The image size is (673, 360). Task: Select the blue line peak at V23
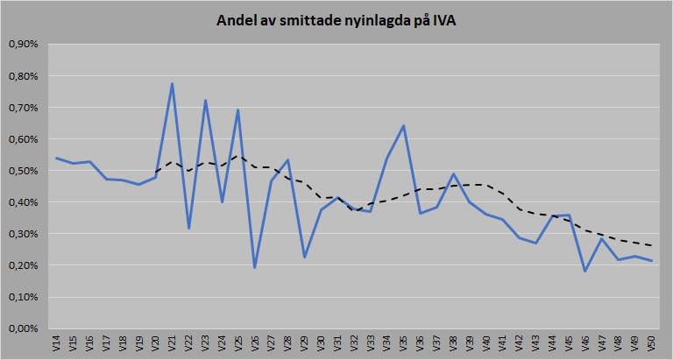[x=205, y=100]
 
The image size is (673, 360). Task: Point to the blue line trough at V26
[x=255, y=267]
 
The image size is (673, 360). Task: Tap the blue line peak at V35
[x=403, y=125]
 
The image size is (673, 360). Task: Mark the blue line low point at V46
[x=584, y=271]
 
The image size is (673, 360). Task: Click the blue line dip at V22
[x=189, y=229]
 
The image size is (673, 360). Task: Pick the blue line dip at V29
[x=304, y=257]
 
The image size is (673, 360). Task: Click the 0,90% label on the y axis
[x=21, y=45]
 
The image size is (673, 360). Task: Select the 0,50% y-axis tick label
[x=21, y=171]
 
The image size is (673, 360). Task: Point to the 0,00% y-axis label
[x=21, y=328]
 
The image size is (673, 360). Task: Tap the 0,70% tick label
[x=21, y=108]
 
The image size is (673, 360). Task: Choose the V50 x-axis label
[x=651, y=343]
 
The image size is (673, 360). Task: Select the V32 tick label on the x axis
[x=354, y=343]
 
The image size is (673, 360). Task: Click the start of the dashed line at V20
[x=156, y=172]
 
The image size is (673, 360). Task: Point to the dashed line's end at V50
[x=651, y=245]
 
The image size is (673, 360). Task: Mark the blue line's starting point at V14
[x=57, y=159]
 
